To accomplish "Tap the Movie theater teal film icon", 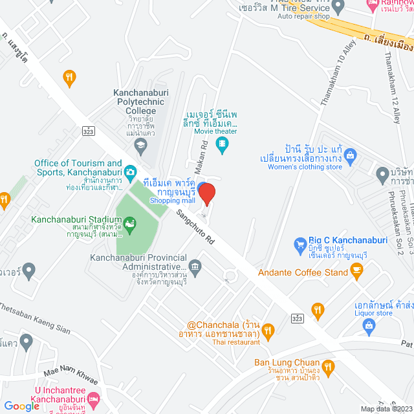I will [x=223, y=144].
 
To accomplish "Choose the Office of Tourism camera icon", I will [x=131, y=171].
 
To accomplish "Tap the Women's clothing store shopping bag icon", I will [x=351, y=155].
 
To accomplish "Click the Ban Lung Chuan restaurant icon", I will [x=328, y=367].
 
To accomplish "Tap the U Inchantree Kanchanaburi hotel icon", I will [x=94, y=398].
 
